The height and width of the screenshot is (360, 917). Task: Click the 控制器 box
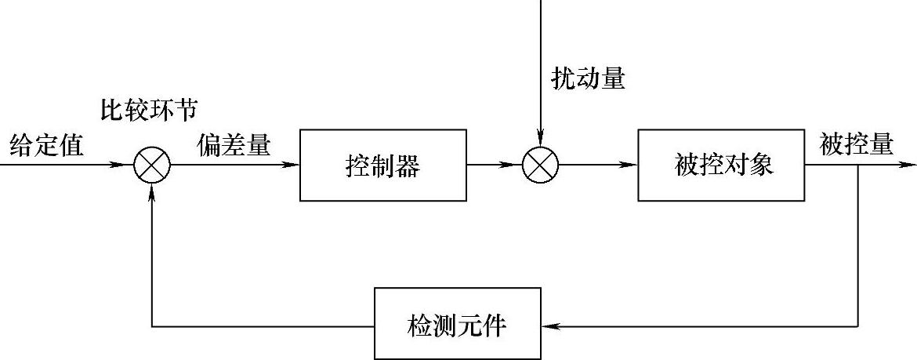click(382, 165)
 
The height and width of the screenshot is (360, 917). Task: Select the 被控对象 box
click(722, 165)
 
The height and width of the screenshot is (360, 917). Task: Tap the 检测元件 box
click(457, 325)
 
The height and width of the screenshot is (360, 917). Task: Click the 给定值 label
click(46, 145)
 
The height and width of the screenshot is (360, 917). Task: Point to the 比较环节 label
click(148, 110)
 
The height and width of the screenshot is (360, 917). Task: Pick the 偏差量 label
click(234, 145)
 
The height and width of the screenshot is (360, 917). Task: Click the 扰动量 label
click(588, 79)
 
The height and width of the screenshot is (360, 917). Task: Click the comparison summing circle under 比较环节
click(151, 165)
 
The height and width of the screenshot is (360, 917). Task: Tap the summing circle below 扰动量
click(540, 165)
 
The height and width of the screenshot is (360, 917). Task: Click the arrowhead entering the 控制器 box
click(292, 165)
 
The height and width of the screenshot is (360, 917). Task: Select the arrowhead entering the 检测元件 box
click(549, 325)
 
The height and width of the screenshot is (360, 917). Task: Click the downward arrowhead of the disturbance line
click(540, 139)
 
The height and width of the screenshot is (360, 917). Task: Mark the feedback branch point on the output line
click(858, 165)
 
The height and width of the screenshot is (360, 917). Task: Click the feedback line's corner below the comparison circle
click(151, 325)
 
